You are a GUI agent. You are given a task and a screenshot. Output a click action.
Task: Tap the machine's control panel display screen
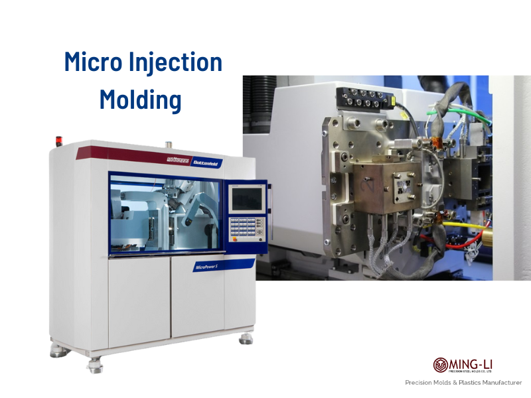[246, 198]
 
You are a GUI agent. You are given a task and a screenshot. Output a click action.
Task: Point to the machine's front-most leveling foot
[96, 364]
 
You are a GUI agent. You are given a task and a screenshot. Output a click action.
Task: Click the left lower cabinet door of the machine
[139, 302]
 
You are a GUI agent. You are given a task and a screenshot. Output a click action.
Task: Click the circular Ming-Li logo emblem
[440, 365]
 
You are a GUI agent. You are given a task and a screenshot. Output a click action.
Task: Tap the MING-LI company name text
[472, 363]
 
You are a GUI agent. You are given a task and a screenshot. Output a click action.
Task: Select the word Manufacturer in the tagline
[497, 383]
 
